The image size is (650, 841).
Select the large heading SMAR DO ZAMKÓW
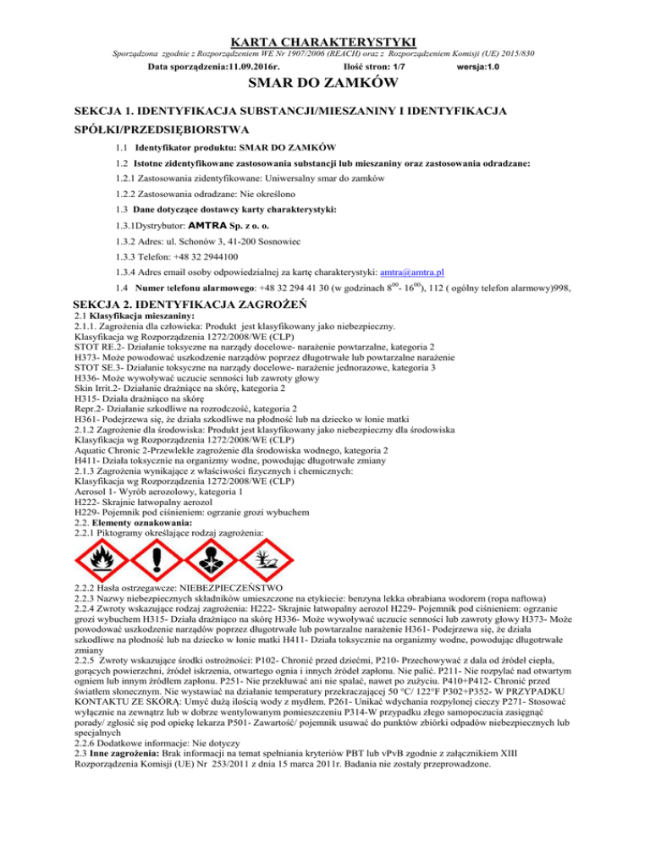pyautogui.click(x=324, y=84)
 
